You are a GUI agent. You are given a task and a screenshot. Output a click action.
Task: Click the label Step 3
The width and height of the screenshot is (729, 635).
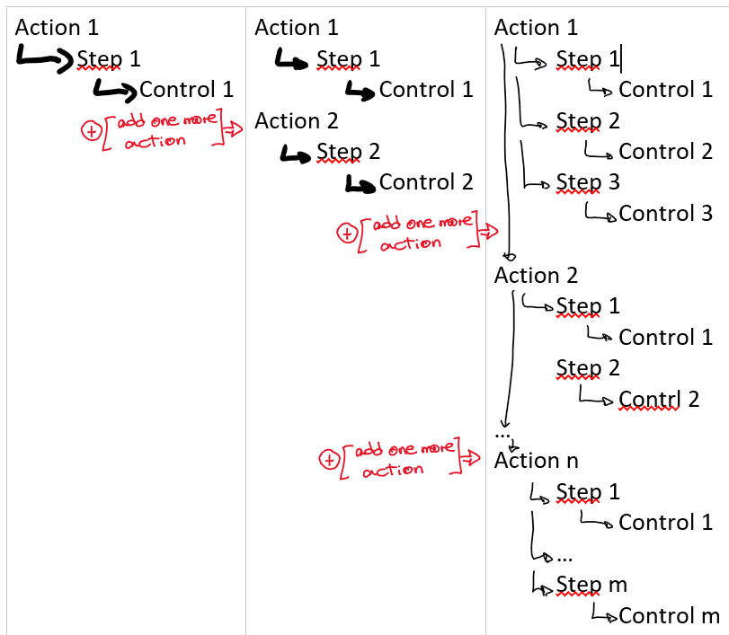(x=588, y=182)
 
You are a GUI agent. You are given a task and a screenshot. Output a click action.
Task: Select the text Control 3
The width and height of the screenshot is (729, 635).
(x=665, y=213)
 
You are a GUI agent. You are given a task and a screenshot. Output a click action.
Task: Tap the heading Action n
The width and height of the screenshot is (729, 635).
(x=536, y=461)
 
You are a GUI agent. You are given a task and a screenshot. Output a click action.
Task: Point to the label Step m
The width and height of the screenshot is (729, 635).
(x=591, y=585)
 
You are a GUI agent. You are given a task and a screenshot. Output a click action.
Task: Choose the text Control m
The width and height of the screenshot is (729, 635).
(x=669, y=615)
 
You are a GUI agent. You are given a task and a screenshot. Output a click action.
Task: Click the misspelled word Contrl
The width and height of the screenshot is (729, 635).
(x=650, y=399)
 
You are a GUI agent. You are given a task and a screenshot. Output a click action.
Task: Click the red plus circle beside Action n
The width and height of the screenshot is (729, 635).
(x=329, y=460)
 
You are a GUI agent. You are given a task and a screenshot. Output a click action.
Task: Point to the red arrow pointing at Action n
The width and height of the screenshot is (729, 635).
(x=470, y=458)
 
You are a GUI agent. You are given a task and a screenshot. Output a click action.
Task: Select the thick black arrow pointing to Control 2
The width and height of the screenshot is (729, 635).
(x=360, y=186)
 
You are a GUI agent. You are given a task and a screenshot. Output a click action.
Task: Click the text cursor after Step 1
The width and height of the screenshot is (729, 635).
(x=621, y=59)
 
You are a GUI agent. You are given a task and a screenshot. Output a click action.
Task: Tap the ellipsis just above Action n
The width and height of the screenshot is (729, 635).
(x=502, y=436)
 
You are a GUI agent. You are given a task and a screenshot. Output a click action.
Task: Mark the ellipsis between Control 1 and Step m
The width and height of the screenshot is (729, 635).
(x=564, y=560)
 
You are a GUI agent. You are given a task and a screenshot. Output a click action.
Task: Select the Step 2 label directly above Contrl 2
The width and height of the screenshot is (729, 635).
(x=588, y=368)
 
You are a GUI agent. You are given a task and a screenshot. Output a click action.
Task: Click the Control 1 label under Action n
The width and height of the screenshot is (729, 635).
(x=666, y=522)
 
